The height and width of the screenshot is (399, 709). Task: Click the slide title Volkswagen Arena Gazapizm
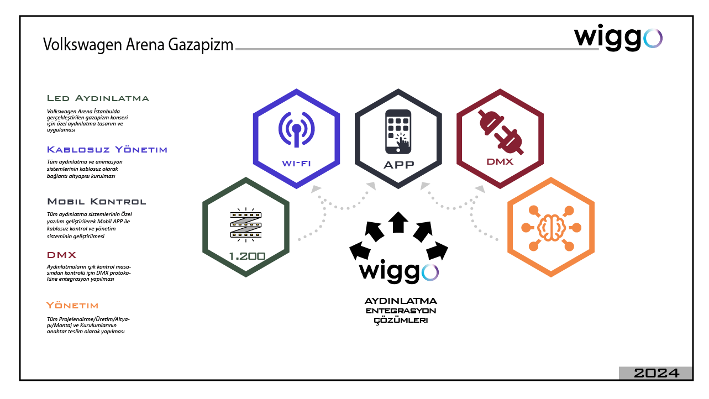138,45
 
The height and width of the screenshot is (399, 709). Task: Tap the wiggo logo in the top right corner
618,38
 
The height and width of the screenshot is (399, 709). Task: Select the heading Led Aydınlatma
98,98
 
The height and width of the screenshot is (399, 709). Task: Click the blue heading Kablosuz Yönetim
107,150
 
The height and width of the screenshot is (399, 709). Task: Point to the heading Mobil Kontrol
97,201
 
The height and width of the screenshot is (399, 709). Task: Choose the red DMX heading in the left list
61,255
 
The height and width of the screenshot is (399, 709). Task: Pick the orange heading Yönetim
72,305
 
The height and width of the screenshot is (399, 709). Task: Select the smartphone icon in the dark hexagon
398,131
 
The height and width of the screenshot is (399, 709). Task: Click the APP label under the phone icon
398,165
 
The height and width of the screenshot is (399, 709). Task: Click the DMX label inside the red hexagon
500,162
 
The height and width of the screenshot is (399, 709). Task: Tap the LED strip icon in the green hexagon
245,223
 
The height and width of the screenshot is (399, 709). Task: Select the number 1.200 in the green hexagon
246,256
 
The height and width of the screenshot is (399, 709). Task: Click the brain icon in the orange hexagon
551,227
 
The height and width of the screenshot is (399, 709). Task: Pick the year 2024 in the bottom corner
656,374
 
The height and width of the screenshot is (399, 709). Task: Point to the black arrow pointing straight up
398,223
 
